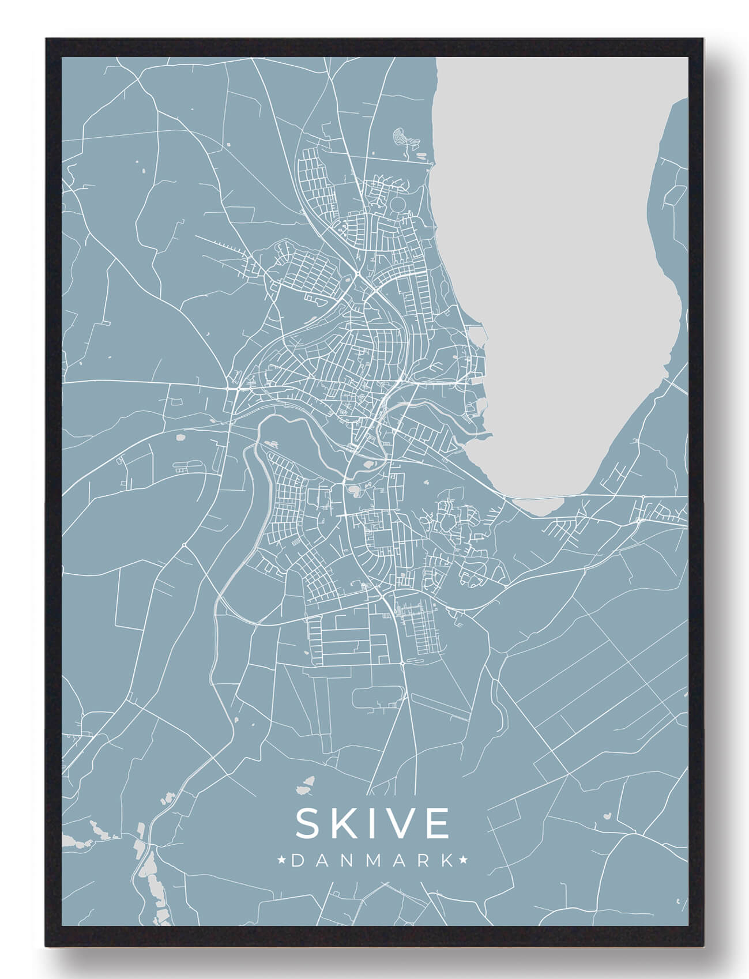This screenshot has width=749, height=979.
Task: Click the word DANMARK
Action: tap(372, 861)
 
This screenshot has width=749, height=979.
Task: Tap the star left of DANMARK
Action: tap(283, 861)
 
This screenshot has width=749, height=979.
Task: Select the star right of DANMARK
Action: tap(463, 861)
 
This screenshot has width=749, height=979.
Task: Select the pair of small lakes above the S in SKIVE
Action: tap(306, 784)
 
